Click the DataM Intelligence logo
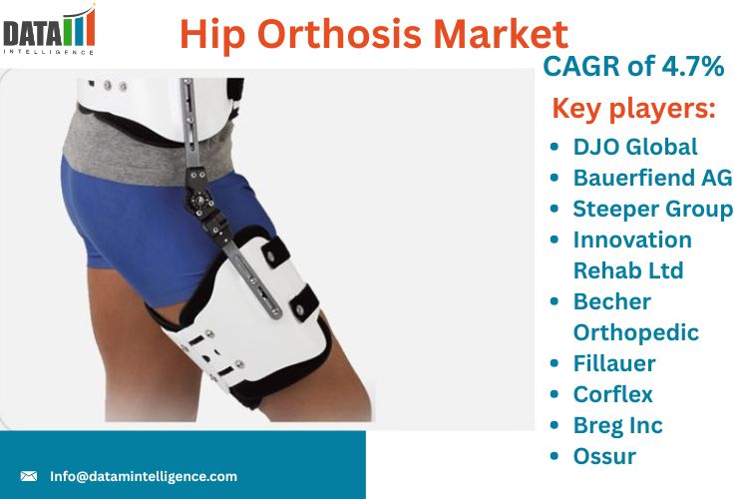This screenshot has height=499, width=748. point(49,30)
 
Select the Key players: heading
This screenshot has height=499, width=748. point(633,108)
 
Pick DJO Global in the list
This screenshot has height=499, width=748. point(635,147)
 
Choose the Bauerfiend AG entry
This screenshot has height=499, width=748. point(652,178)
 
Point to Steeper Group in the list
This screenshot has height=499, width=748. point(652,210)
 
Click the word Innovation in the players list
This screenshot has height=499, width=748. point(632,240)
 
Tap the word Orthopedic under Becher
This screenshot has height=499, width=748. point(636,333)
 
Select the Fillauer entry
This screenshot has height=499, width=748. point(614,363)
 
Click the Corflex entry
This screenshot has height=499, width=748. point(613,394)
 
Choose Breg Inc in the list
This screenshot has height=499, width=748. point(617,426)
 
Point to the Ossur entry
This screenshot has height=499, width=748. point(604,456)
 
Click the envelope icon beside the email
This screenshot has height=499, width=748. point(29,476)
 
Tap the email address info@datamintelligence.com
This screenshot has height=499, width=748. point(144,476)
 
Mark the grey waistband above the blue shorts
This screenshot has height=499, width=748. point(143,148)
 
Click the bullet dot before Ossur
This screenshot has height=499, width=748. point(554,456)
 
